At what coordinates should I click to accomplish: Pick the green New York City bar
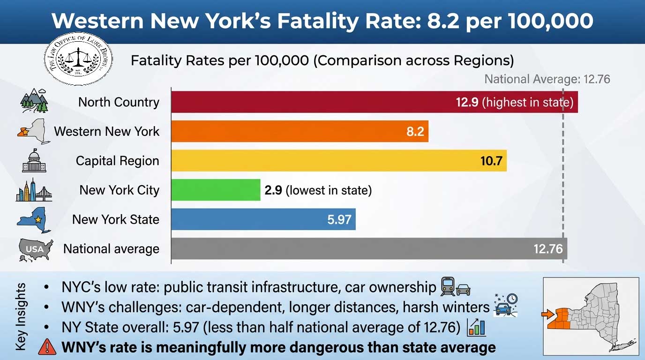pos(216,190)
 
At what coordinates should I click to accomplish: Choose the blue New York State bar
pos(263,219)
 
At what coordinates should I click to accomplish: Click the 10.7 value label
pos(491,161)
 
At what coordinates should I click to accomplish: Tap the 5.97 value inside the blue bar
pos(339,219)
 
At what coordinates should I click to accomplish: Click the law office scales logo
pos(78,59)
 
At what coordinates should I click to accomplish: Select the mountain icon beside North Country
pos(35,101)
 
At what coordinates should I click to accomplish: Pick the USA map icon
pos(35,249)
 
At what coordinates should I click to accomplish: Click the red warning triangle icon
pos(47,347)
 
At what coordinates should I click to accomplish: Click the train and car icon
pos(455,286)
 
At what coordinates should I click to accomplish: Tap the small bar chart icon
pos(476,327)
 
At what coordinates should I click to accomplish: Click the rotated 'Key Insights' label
pos(21,316)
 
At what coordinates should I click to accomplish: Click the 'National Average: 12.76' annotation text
pos(547,79)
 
